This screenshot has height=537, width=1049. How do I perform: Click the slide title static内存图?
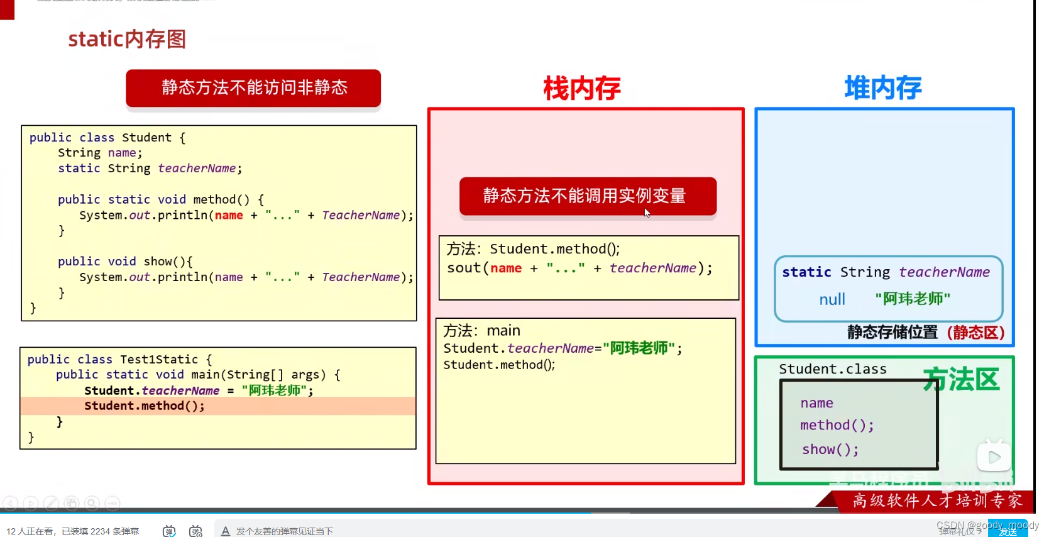pyautogui.click(x=127, y=39)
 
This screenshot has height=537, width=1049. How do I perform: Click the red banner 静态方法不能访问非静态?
pyautogui.click(x=253, y=87)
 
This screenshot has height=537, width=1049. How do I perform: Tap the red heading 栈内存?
pyautogui.click(x=582, y=88)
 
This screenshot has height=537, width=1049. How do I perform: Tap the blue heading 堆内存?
pyautogui.click(x=882, y=88)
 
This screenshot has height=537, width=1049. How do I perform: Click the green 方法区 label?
pyautogui.click(x=961, y=380)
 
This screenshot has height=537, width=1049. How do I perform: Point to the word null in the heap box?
pyautogui.click(x=832, y=300)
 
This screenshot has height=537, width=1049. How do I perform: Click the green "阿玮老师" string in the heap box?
pyautogui.click(x=913, y=299)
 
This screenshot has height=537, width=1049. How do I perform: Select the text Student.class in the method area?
pyautogui.click(x=832, y=369)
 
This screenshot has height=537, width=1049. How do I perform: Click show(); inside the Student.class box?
pyautogui.click(x=830, y=450)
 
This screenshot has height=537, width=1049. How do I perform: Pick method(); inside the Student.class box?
pyautogui.click(x=837, y=426)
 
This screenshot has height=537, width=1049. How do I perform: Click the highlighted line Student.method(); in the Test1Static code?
pyautogui.click(x=145, y=406)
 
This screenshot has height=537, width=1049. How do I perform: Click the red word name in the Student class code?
pyautogui.click(x=229, y=215)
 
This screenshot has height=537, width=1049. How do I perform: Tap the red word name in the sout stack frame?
pyautogui.click(x=506, y=268)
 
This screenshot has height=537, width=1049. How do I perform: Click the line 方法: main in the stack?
pyautogui.click(x=481, y=331)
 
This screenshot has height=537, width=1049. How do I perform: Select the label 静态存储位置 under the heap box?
pyautogui.click(x=892, y=333)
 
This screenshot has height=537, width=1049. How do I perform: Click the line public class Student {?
pyautogui.click(x=107, y=138)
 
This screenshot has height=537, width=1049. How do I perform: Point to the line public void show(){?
pyautogui.click(x=125, y=262)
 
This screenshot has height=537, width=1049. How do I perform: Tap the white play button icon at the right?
pyautogui.click(x=994, y=457)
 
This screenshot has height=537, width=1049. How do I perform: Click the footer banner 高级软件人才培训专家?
pyautogui.click(x=936, y=501)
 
